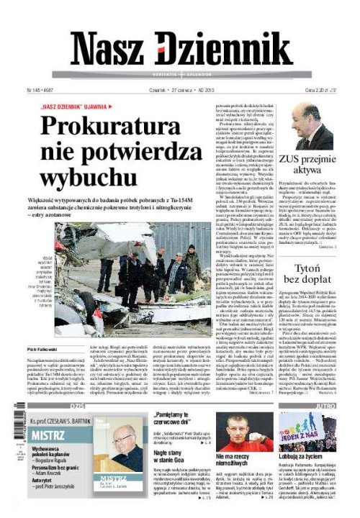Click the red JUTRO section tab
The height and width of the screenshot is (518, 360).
(321, 406)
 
